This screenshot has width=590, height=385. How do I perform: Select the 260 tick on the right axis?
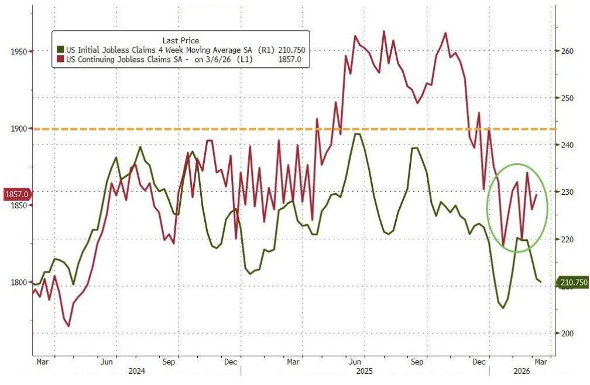[566, 51]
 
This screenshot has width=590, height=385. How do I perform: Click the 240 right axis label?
[566, 145]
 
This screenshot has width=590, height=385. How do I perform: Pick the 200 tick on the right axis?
[566, 334]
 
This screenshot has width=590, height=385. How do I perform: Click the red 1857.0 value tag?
[17, 194]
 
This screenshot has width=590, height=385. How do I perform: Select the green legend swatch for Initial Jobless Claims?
[60, 50]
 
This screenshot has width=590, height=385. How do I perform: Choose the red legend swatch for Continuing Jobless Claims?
[60, 59]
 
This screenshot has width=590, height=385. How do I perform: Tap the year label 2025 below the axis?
[363, 371]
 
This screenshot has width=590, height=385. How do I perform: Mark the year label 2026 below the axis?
[521, 371]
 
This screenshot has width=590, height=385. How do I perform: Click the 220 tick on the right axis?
[566, 239]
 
